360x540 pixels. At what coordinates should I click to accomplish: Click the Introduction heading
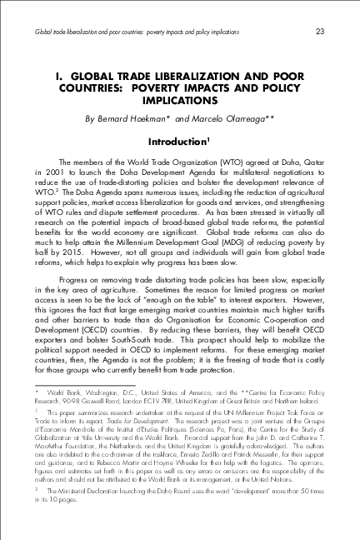pos(180,141)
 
